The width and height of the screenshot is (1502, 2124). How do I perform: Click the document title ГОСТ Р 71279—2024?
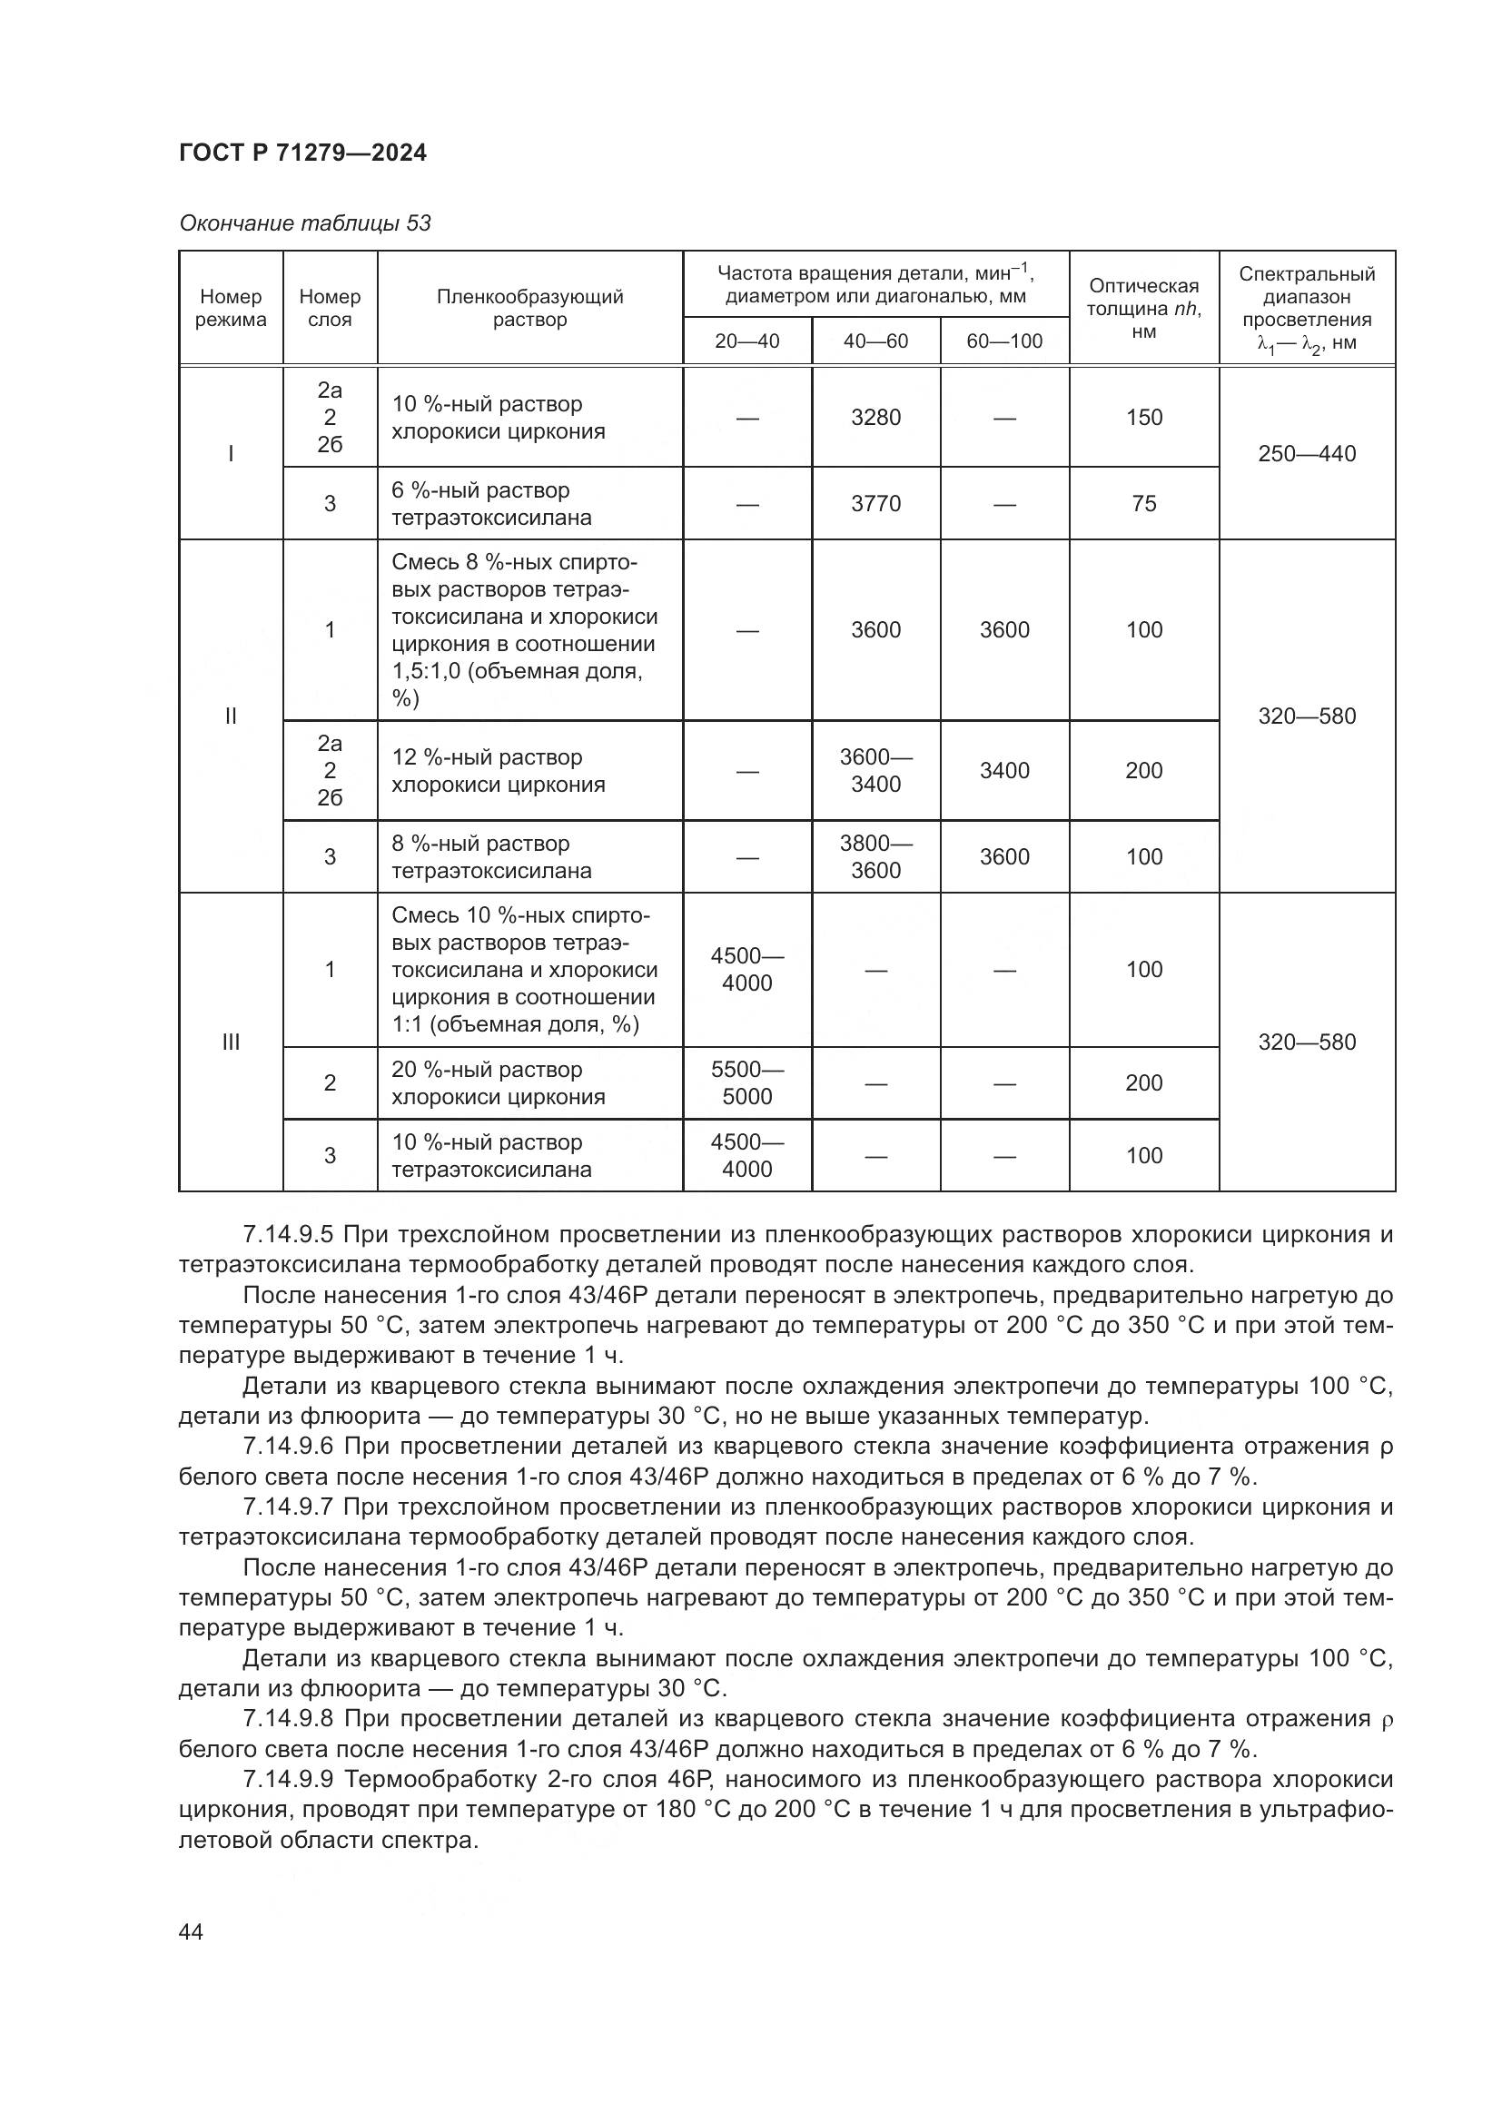[x=302, y=153]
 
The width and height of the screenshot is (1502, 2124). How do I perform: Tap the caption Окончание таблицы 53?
[x=304, y=224]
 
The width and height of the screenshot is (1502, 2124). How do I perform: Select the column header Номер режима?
[x=231, y=308]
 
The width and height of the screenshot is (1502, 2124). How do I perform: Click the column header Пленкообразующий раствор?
[x=530, y=308]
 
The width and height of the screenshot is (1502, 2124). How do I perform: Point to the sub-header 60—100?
[x=1004, y=341]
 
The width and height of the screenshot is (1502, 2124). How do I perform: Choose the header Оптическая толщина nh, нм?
[x=1144, y=308]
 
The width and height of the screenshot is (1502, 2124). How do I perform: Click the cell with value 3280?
[x=875, y=418]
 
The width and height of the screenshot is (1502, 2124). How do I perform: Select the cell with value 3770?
[x=875, y=504]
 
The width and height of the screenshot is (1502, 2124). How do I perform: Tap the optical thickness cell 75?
[x=1144, y=504]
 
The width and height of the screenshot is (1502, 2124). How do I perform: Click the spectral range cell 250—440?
[x=1307, y=454]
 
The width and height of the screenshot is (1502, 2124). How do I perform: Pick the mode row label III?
[x=231, y=1042]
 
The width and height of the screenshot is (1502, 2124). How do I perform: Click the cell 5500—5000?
[x=747, y=1083]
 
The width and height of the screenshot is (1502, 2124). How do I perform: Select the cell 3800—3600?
[x=875, y=856]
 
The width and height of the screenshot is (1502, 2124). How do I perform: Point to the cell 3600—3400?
[x=875, y=771]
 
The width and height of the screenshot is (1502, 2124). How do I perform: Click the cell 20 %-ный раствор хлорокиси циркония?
[x=499, y=1083]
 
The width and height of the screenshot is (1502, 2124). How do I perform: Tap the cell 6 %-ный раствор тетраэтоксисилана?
[x=491, y=504]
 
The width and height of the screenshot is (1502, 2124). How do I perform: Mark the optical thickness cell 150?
[x=1144, y=418]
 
